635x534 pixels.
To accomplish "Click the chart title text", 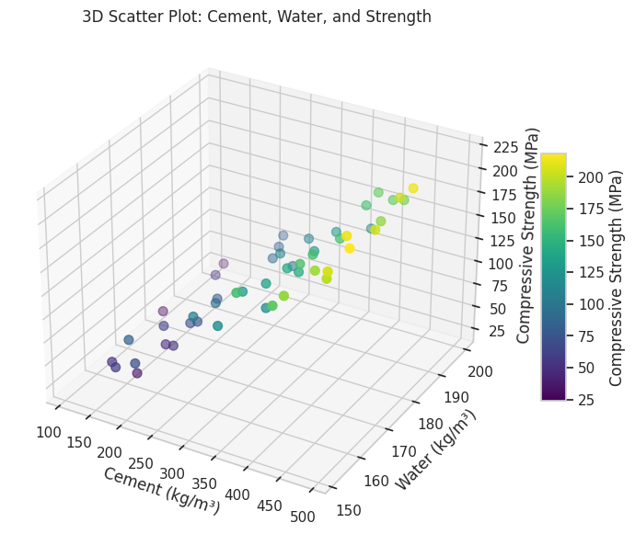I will [256, 17].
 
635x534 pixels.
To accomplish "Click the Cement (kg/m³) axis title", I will [162, 490].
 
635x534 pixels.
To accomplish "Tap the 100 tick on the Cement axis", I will [50, 432].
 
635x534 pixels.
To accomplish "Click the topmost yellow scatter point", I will [413, 188].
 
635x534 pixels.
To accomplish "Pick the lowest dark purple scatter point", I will [137, 373].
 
